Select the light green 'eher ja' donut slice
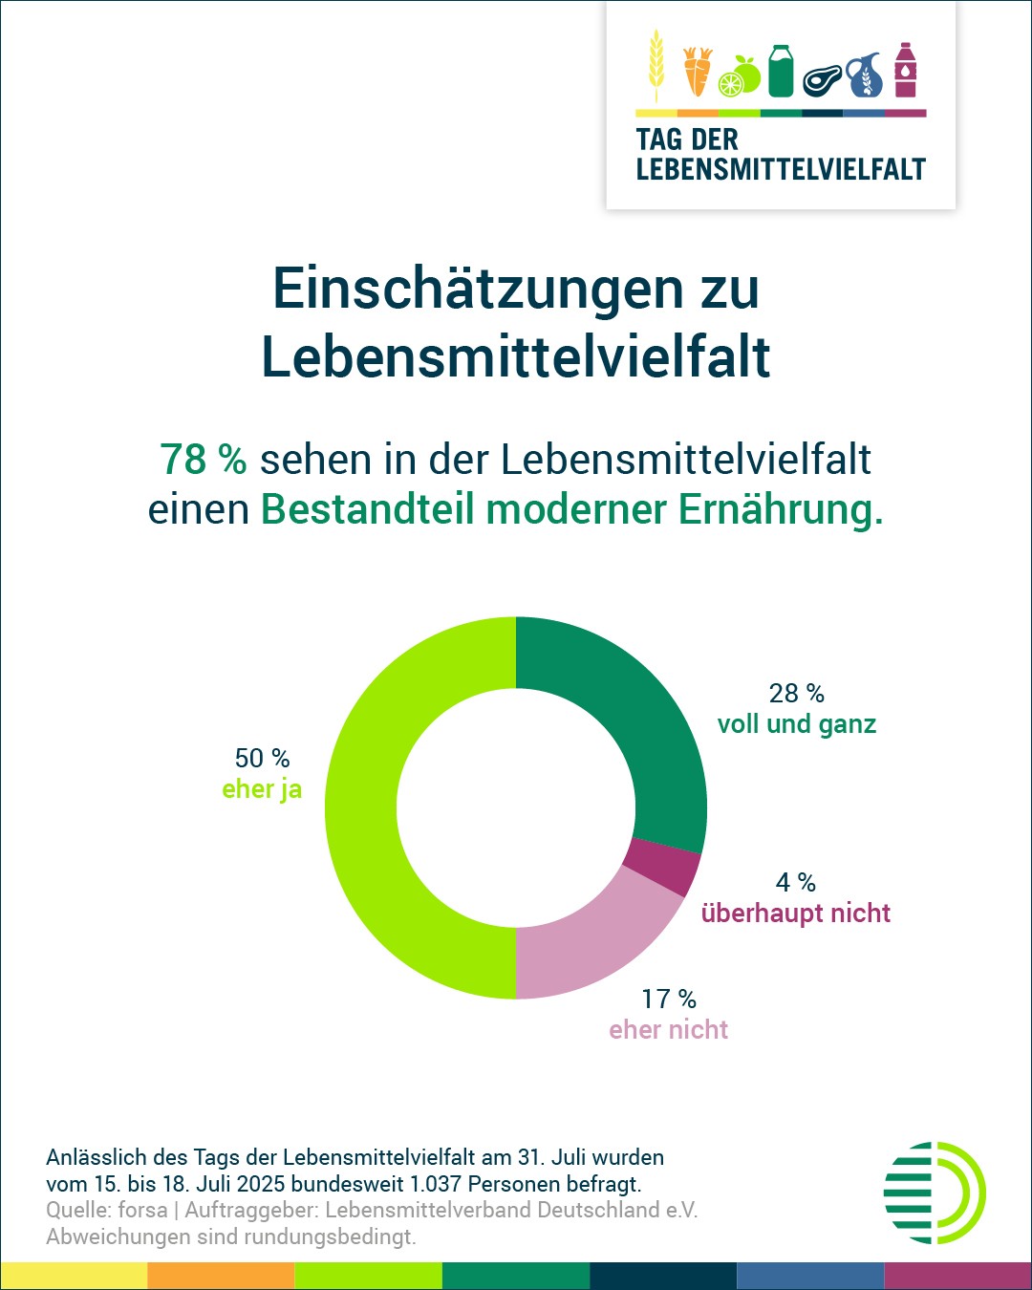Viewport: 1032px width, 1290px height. coord(363,807)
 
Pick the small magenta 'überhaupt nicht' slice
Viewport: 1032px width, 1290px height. coord(661,866)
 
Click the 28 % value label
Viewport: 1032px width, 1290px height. coord(796,693)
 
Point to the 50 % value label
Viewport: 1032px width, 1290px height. coord(262,758)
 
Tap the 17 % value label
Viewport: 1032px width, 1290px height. coord(669,999)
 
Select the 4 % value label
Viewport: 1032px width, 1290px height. coord(796,882)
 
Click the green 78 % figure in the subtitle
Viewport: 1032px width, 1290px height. coord(204,460)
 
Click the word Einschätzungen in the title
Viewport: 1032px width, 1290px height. coord(478,288)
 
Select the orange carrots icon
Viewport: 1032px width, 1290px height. coord(698,72)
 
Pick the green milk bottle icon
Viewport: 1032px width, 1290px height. coord(782,71)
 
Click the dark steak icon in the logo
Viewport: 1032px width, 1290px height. coord(823,80)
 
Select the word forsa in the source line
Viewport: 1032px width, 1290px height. coord(142,1210)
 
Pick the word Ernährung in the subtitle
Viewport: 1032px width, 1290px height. coord(781,509)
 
